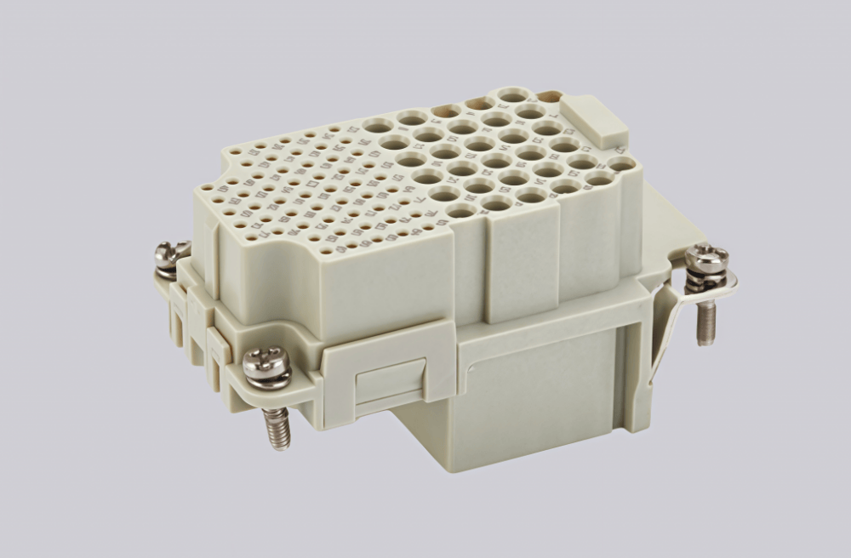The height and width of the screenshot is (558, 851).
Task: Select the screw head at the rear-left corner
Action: click(x=169, y=251)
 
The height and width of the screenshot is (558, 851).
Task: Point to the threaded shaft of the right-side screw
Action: click(x=705, y=322)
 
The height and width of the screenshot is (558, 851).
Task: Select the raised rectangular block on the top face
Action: click(x=595, y=121)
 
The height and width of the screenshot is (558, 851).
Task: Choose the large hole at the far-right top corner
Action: click(x=621, y=163)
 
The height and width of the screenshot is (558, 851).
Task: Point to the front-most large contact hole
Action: click(x=461, y=209)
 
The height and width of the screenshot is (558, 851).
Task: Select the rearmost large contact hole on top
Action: click(x=512, y=94)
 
